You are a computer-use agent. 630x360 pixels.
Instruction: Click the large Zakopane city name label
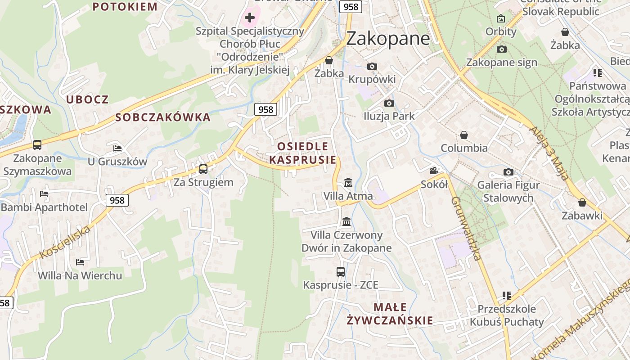pyautogui.click(x=388, y=38)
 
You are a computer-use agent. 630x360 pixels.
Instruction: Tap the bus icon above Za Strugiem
pyautogui.click(x=203, y=169)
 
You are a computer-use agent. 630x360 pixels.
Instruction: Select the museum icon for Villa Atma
pyautogui.click(x=348, y=183)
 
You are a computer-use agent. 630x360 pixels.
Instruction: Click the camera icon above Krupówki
pyautogui.click(x=372, y=67)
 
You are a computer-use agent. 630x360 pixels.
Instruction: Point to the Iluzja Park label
pyautogui.click(x=389, y=116)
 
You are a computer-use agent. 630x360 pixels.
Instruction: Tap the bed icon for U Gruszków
pyautogui.click(x=117, y=148)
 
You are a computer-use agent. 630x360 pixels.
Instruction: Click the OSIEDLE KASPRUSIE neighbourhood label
pyautogui.click(x=302, y=153)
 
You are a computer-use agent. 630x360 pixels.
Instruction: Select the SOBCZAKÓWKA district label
pyautogui.click(x=163, y=117)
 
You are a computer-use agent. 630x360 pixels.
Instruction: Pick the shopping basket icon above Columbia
pyautogui.click(x=464, y=135)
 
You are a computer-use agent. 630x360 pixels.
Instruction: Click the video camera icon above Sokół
pyautogui.click(x=434, y=171)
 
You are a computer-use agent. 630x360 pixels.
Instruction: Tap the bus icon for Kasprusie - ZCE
pyautogui.click(x=341, y=272)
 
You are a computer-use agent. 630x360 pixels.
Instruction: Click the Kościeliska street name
pyautogui.click(x=65, y=243)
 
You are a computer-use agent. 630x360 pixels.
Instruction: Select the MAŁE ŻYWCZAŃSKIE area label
pyautogui.click(x=390, y=314)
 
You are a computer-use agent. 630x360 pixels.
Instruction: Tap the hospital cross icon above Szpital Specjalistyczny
pyautogui.click(x=250, y=18)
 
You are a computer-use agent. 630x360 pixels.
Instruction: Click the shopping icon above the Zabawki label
pyautogui.click(x=582, y=202)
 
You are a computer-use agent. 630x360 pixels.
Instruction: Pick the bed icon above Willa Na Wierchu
pyautogui.click(x=80, y=262)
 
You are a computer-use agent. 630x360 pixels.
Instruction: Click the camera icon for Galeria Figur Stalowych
pyautogui.click(x=508, y=172)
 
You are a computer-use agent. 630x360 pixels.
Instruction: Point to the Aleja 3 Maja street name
pyautogui.click(x=549, y=153)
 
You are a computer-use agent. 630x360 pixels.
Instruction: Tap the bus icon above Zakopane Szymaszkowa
pyautogui.click(x=37, y=145)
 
